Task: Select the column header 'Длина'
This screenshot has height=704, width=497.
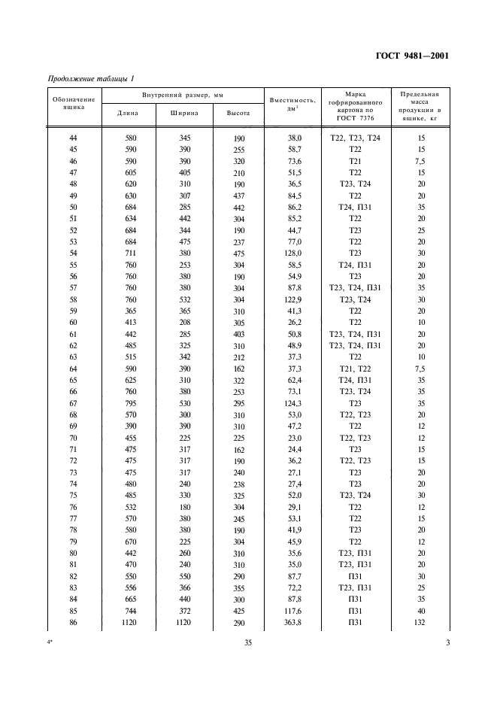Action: [129, 114]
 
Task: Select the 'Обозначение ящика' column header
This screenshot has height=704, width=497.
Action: [74, 102]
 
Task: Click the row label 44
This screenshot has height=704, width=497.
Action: [74, 139]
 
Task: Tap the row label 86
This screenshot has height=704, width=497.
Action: [74, 624]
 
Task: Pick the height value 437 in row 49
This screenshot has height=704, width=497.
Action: [238, 197]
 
